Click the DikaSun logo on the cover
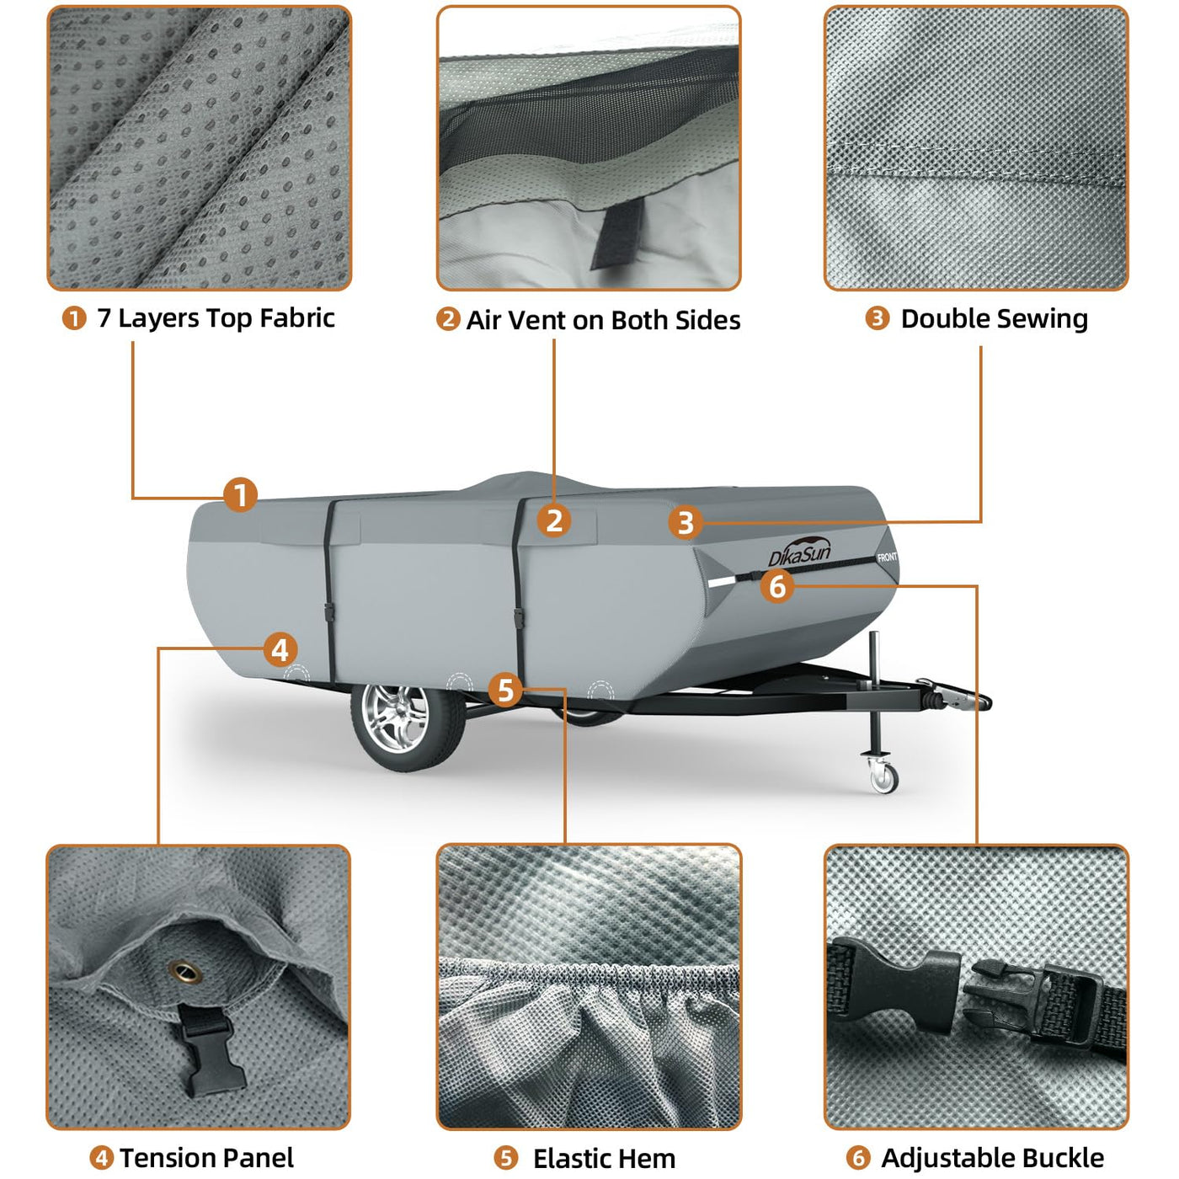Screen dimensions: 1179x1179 (x=800, y=551)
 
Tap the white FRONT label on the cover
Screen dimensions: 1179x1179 (x=887, y=557)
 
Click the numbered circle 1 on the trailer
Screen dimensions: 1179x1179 (x=241, y=495)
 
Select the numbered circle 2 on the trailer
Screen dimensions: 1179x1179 (x=554, y=521)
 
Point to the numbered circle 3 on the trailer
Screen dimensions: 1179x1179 (x=686, y=523)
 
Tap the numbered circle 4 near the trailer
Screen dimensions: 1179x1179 (x=280, y=650)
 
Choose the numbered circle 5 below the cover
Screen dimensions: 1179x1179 (x=505, y=691)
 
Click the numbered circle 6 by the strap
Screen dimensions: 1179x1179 (x=777, y=586)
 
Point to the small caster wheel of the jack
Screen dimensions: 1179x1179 (x=883, y=780)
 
